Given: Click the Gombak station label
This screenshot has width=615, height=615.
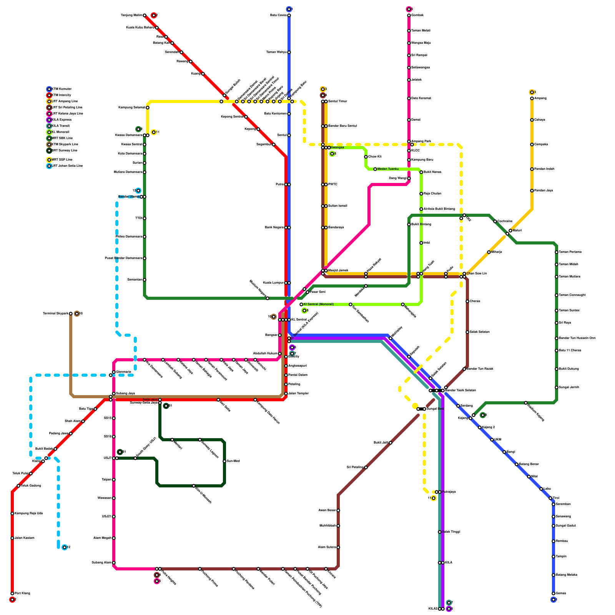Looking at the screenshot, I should pyautogui.click(x=417, y=15).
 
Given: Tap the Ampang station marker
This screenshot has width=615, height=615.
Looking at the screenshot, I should pyautogui.click(x=532, y=98).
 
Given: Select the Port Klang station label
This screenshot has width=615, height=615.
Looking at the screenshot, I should pyautogui.click(x=22, y=593).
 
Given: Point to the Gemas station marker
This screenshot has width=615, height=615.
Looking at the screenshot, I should pyautogui.click(x=553, y=593).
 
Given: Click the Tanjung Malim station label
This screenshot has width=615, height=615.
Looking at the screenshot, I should pyautogui.click(x=131, y=15).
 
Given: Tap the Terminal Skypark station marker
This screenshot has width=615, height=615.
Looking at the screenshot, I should pyautogui.click(x=71, y=314).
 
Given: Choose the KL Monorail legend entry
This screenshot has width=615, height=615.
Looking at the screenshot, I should pyautogui.click(x=60, y=132).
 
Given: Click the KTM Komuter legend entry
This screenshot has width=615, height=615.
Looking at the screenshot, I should pyautogui.click(x=61, y=89).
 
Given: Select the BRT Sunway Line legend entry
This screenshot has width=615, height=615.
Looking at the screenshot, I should pyautogui.click(x=64, y=151).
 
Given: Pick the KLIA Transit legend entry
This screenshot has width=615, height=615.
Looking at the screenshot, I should pyautogui.click(x=61, y=126).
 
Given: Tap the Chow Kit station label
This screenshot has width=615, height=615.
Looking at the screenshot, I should pyautogui.click(x=375, y=157).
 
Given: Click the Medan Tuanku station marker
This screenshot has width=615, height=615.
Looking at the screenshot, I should pyautogui.click(x=375, y=169).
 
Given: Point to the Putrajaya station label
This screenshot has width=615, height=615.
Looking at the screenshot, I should pyautogui.click(x=449, y=492).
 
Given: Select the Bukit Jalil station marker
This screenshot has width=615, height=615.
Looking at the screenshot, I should pyautogui.click(x=391, y=443).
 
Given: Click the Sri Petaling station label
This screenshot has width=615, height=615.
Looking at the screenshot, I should pyautogui.click(x=355, y=467).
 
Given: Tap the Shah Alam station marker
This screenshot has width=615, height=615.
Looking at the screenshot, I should pyautogui.click(x=83, y=421).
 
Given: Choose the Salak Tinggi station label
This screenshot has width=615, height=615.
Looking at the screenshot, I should pyautogui.click(x=451, y=532).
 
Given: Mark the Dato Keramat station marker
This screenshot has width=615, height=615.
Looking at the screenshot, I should pyautogui.click(x=409, y=98).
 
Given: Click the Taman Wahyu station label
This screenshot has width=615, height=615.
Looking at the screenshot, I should pyautogui.click(x=276, y=52).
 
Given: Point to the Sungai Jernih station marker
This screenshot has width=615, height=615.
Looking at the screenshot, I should pyautogui.click(x=557, y=387).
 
